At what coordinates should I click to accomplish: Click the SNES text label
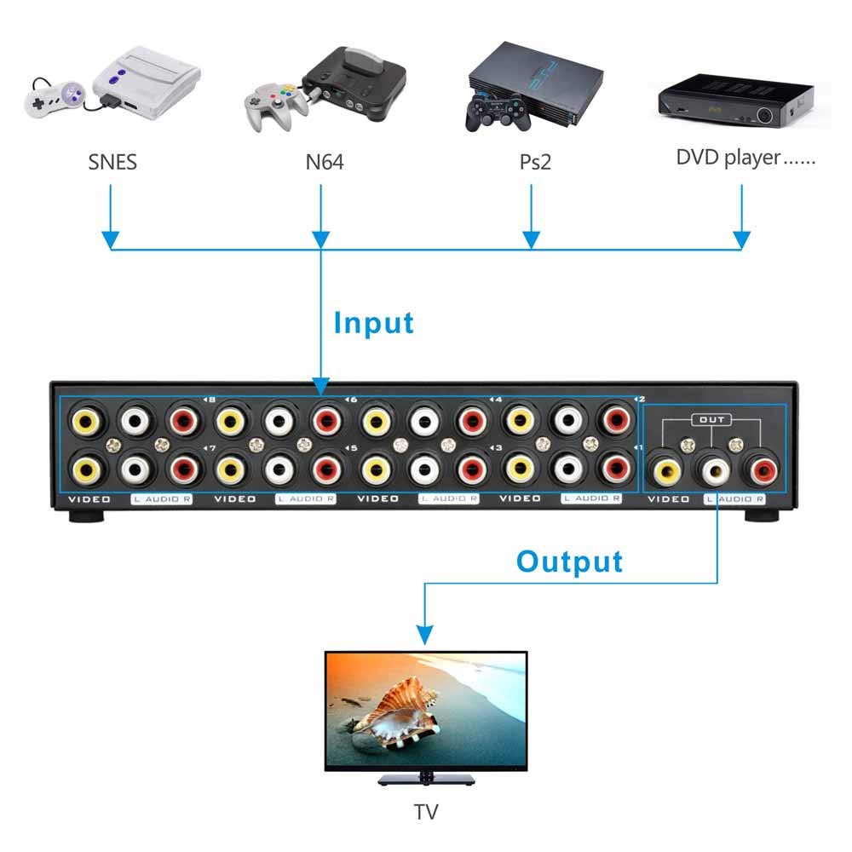112,161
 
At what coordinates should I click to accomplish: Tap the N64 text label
325,161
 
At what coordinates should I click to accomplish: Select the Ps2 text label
535,161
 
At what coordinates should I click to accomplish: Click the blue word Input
373,324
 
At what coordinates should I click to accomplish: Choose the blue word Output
569,562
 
